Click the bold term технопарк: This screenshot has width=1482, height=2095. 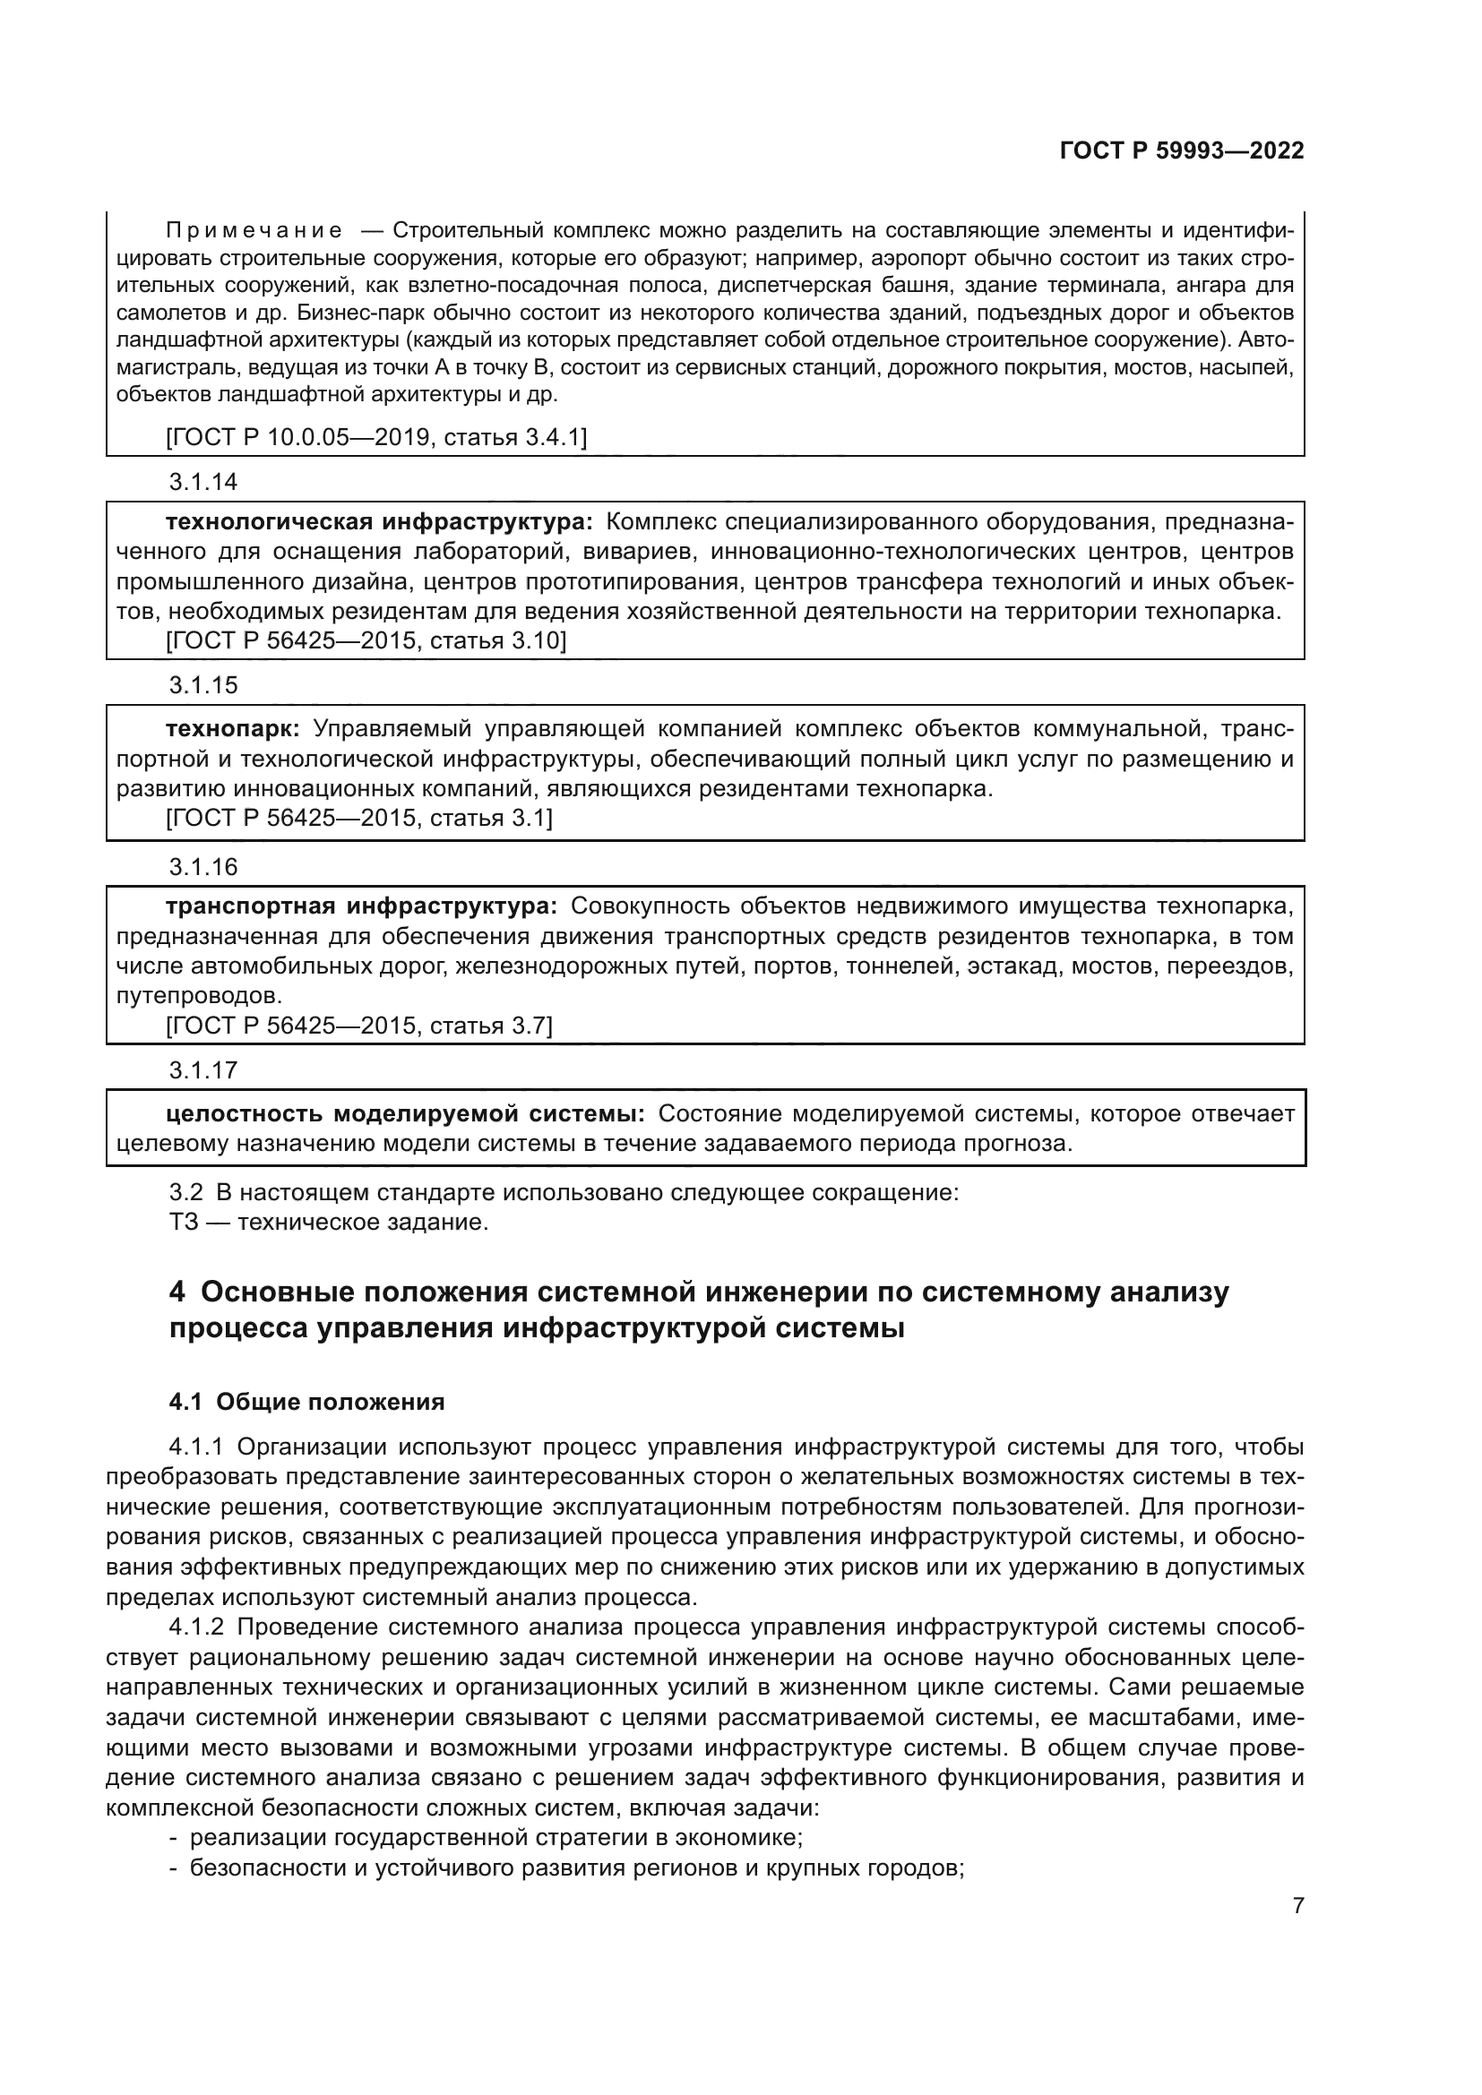233,729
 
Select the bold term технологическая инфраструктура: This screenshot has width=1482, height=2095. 379,522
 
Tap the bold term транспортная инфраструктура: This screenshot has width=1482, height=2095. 360,907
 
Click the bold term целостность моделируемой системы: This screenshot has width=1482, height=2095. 405,1114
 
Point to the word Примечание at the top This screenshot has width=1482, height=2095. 254,230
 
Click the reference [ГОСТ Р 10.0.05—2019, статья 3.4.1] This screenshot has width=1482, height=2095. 376,438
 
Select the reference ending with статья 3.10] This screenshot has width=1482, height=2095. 366,641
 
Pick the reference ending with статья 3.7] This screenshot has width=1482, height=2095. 359,1026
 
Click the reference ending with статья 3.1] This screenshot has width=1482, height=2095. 359,818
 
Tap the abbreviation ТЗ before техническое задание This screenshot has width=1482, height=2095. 184,1222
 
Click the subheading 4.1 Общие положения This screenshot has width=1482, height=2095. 306,1402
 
